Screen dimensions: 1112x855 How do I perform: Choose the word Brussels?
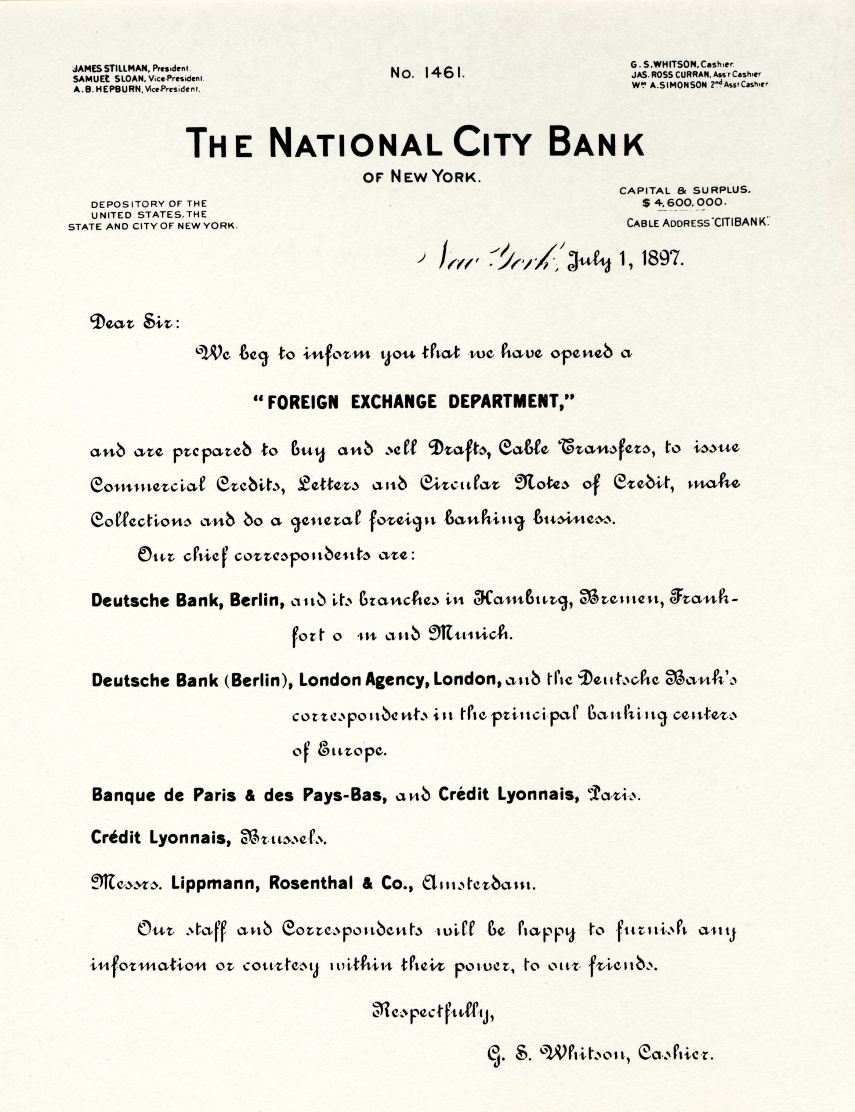click(x=283, y=837)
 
